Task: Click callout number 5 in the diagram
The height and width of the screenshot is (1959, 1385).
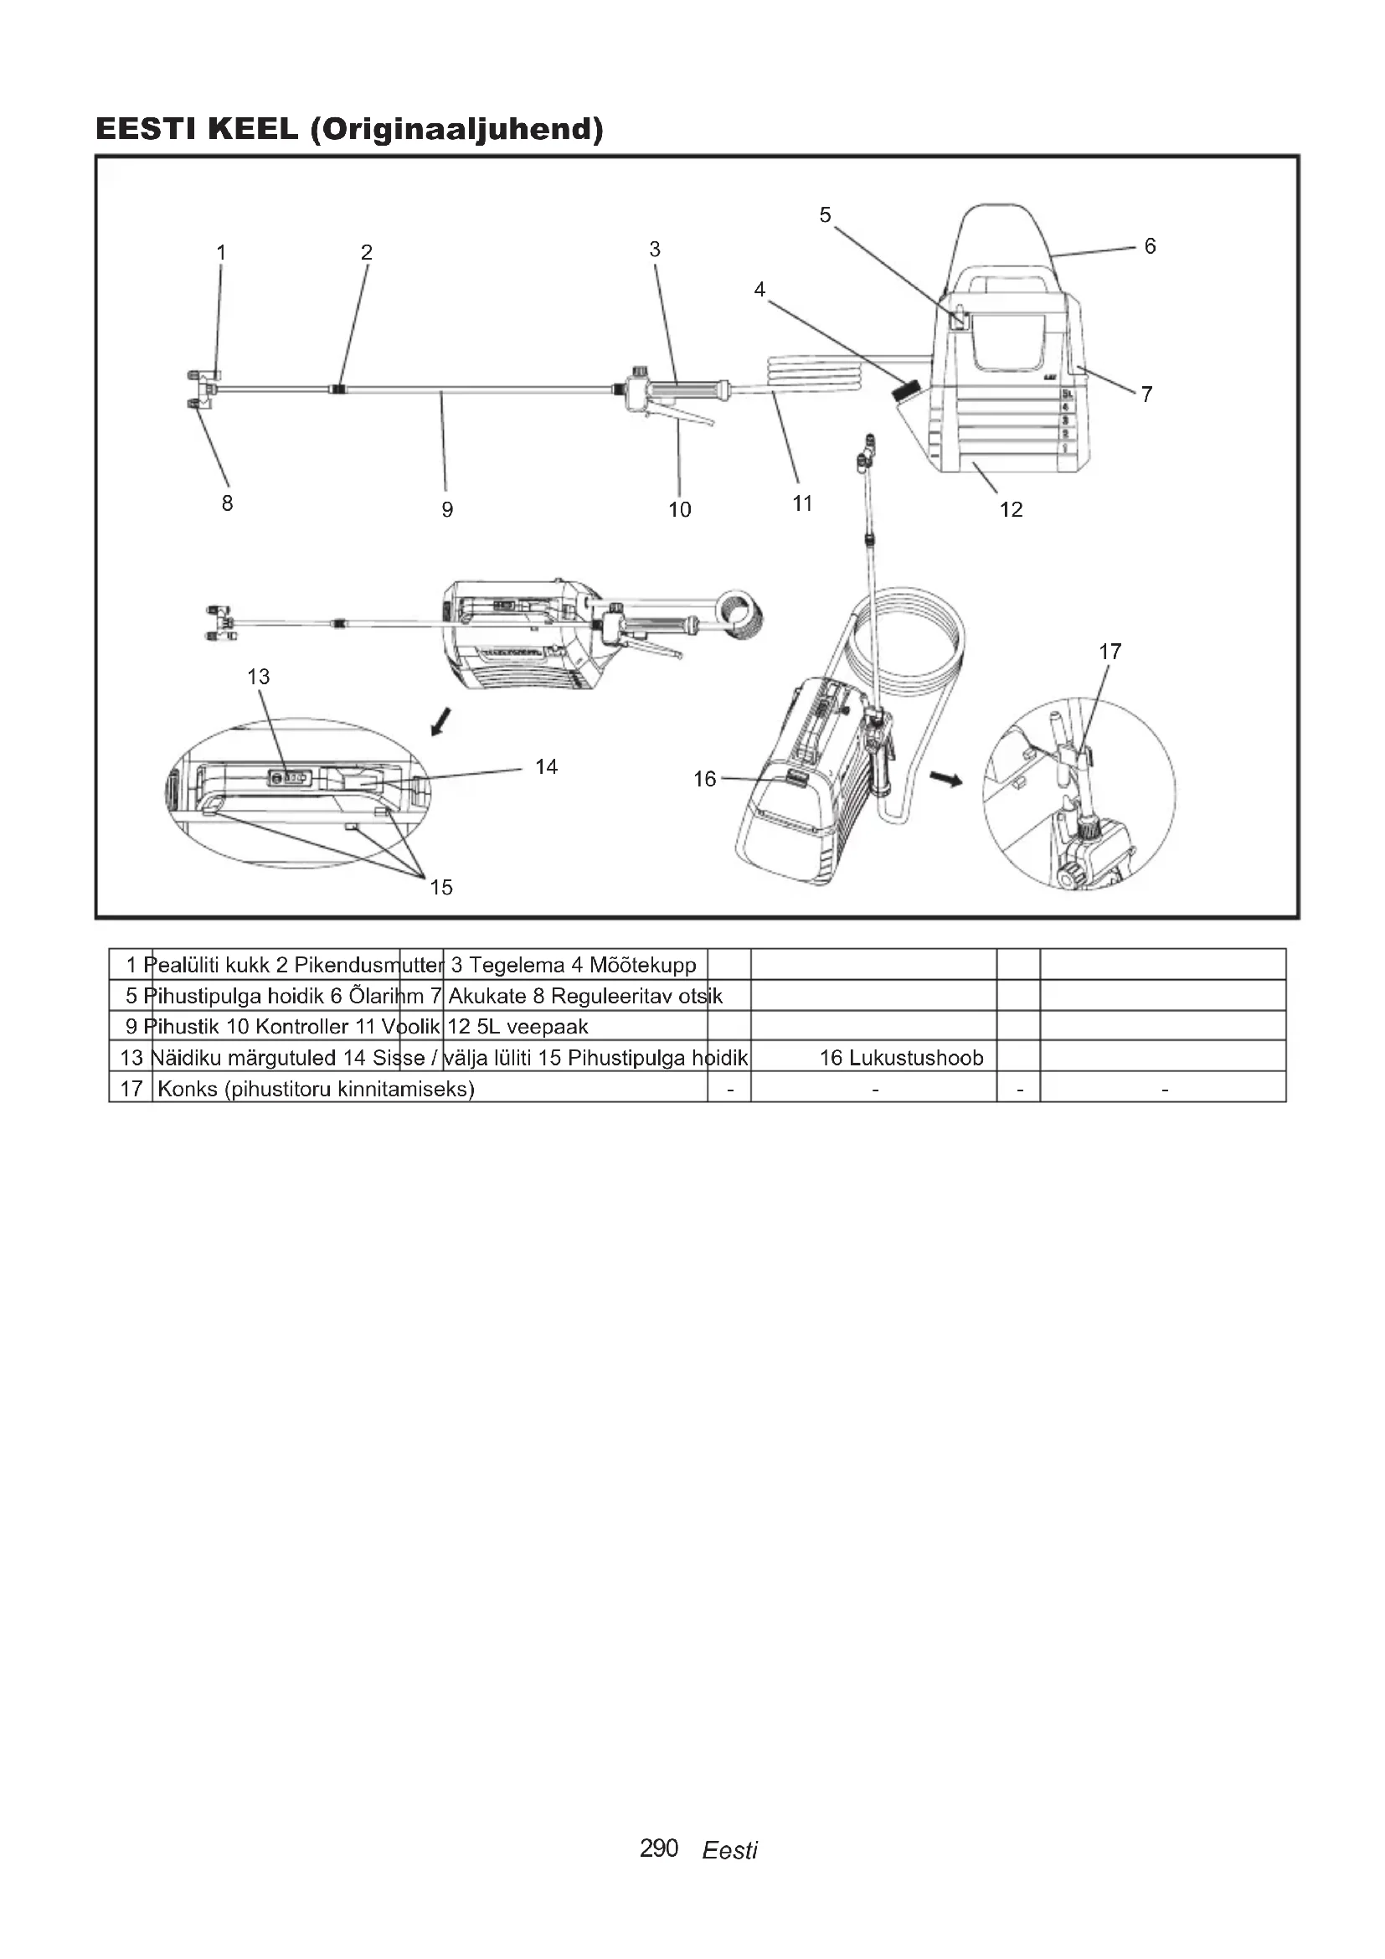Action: pyautogui.click(x=825, y=215)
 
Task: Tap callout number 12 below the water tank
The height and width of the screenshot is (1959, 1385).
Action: pyautogui.click(x=1011, y=509)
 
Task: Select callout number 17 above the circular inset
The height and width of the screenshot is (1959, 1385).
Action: pyautogui.click(x=1110, y=652)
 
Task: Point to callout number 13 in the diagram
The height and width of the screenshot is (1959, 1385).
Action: pyautogui.click(x=259, y=677)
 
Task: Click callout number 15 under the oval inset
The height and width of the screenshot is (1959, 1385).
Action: pyautogui.click(x=441, y=887)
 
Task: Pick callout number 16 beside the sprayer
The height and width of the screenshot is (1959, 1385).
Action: pyautogui.click(x=704, y=779)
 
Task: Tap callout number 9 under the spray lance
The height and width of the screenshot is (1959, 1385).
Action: pyautogui.click(x=447, y=509)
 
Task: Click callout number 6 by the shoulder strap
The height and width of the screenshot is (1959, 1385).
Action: pyautogui.click(x=1150, y=246)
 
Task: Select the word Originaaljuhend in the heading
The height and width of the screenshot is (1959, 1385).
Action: pyautogui.click(x=457, y=130)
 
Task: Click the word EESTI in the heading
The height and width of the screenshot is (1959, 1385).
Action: pyautogui.click(x=146, y=130)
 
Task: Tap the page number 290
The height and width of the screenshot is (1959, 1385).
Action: pyautogui.click(x=658, y=1848)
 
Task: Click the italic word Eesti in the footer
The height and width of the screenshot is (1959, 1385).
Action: pyautogui.click(x=729, y=1851)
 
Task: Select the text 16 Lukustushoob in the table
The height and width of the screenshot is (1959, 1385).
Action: pyautogui.click(x=902, y=1058)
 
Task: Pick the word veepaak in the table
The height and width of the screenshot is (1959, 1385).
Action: pyautogui.click(x=547, y=1027)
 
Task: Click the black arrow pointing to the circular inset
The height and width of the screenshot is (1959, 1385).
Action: pyautogui.click(x=945, y=778)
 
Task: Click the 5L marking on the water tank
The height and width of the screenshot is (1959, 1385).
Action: pyautogui.click(x=1067, y=394)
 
